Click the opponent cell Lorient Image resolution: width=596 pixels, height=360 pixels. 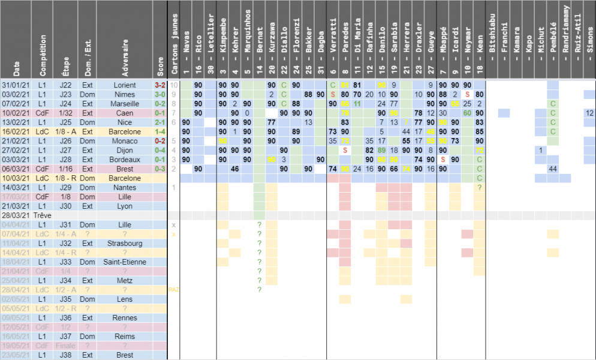pyautogui.click(x=125, y=85)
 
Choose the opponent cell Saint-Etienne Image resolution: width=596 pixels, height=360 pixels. pyautogui.click(x=125, y=262)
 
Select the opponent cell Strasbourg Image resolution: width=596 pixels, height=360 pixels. pyautogui.click(x=125, y=244)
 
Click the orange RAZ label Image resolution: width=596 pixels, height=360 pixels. pyautogui.click(x=174, y=290)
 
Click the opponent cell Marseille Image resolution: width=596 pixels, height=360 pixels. pyautogui.click(x=125, y=104)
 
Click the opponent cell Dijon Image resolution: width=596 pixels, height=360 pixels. pyautogui.click(x=125, y=150)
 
